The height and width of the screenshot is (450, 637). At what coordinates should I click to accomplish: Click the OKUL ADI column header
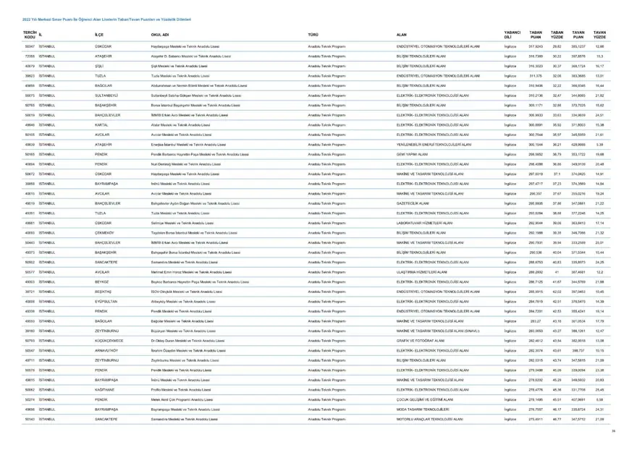tap(160, 34)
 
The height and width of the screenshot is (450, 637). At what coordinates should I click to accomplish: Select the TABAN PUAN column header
tap(536, 34)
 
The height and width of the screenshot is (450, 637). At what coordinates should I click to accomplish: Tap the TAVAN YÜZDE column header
tap(599, 34)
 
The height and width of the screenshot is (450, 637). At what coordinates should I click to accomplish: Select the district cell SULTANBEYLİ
tap(110, 95)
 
